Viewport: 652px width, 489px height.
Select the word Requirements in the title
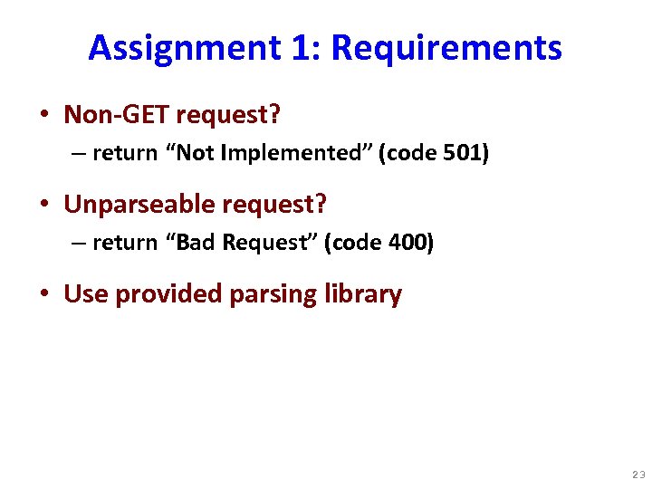coord(447,47)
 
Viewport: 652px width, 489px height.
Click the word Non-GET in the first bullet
coord(116,115)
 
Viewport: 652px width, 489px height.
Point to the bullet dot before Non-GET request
coord(43,116)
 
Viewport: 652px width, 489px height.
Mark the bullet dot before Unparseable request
coord(43,206)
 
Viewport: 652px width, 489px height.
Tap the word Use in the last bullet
coord(85,294)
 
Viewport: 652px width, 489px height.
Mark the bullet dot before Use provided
coord(43,295)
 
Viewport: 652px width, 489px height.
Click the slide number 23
coord(638,475)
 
